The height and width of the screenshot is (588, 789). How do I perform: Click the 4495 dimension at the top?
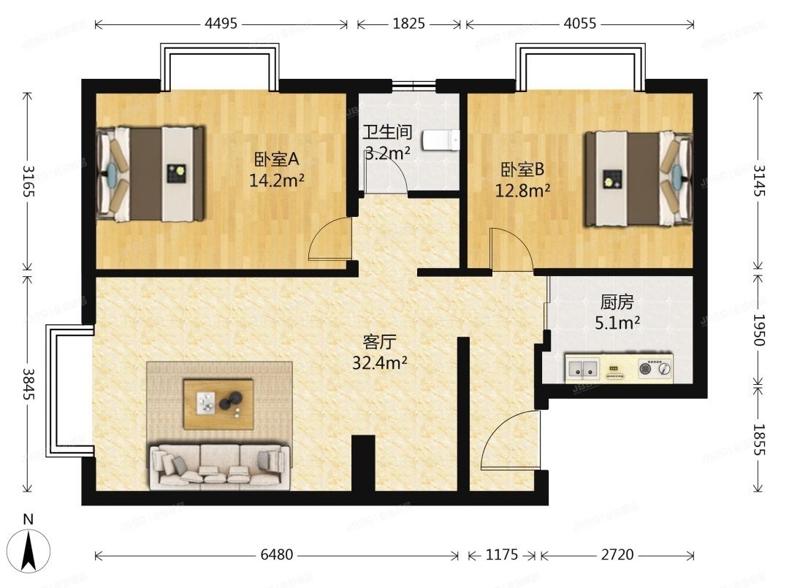tap(221, 23)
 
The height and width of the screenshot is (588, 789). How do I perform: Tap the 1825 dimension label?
tap(408, 23)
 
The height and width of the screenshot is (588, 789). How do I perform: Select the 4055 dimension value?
tap(580, 23)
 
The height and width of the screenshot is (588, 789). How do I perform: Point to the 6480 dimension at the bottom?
tap(277, 554)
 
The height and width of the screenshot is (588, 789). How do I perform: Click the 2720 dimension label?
tap(617, 554)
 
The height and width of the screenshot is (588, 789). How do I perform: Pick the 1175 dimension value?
tap(502, 554)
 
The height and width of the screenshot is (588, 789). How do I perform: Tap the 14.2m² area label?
tap(276, 180)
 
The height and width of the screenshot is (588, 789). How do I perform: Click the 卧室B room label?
tap(522, 169)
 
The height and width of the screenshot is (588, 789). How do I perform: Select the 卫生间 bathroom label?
tap(387, 132)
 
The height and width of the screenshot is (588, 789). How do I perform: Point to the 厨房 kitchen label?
tap(617, 302)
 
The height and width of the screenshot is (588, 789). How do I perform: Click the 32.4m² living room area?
tap(379, 362)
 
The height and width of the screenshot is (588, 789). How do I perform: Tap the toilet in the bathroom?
tap(441, 140)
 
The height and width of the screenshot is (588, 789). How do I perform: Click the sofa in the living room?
tap(220, 466)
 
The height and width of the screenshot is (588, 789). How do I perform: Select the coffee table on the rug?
tap(218, 405)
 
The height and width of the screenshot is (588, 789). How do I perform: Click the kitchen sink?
tap(582, 369)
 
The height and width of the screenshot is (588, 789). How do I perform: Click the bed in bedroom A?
tap(150, 174)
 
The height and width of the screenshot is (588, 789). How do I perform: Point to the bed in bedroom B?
tap(638, 179)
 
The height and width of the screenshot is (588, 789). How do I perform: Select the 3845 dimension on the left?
tap(28, 383)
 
